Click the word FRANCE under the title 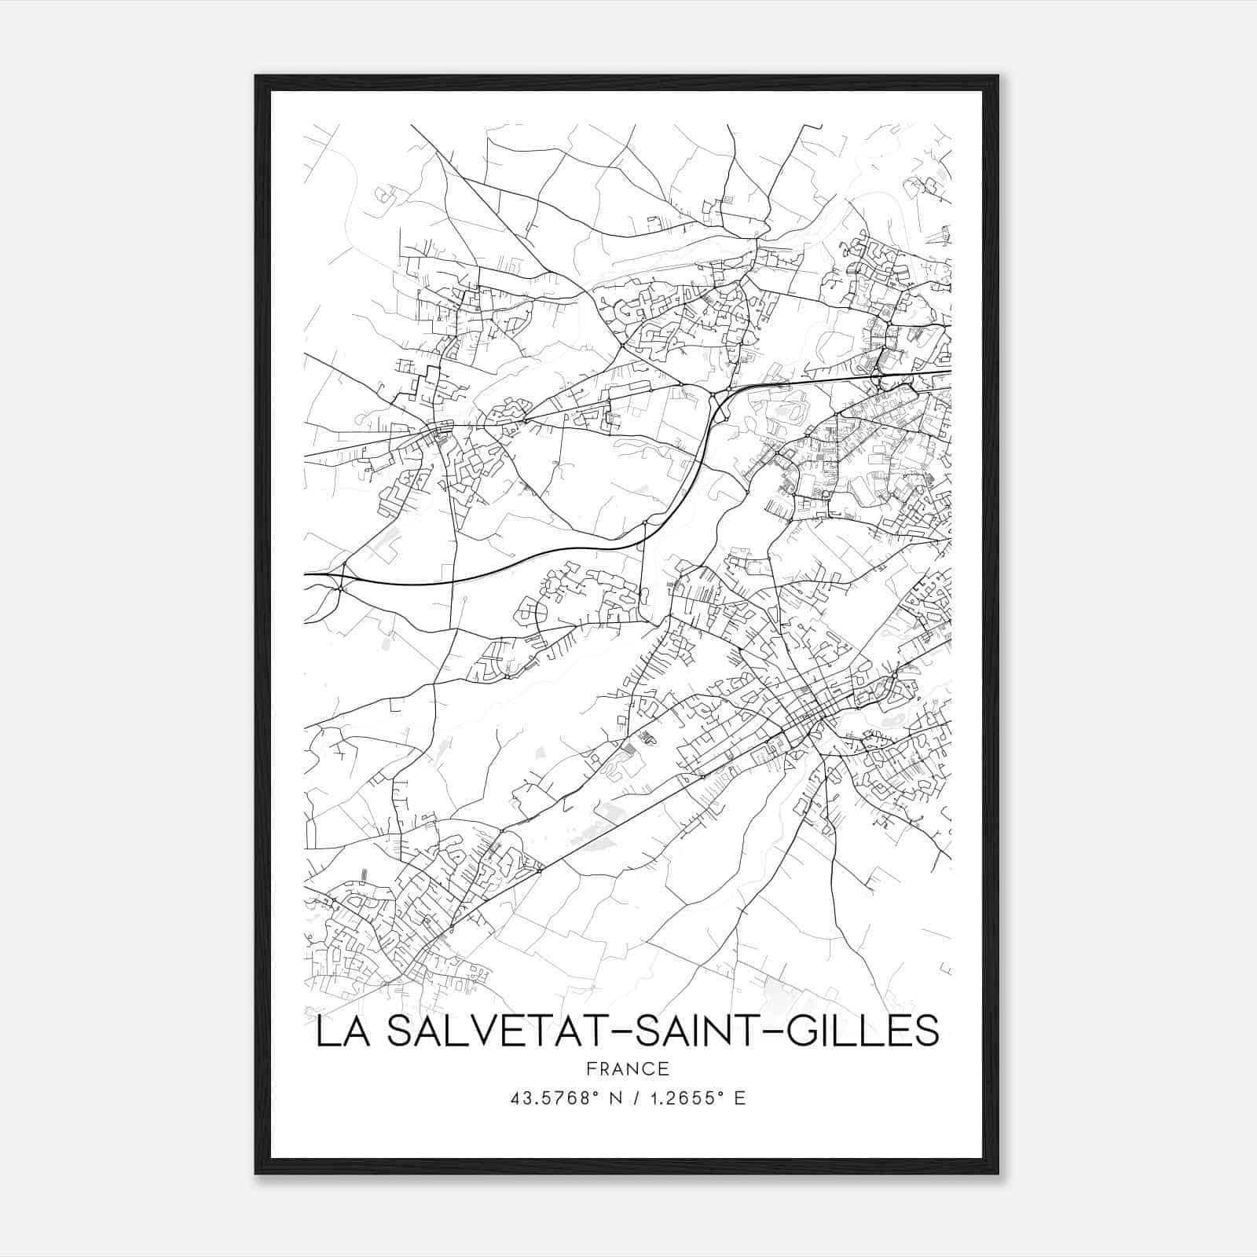pyautogui.click(x=627, y=1069)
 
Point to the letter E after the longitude pyautogui.click(x=739, y=1098)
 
